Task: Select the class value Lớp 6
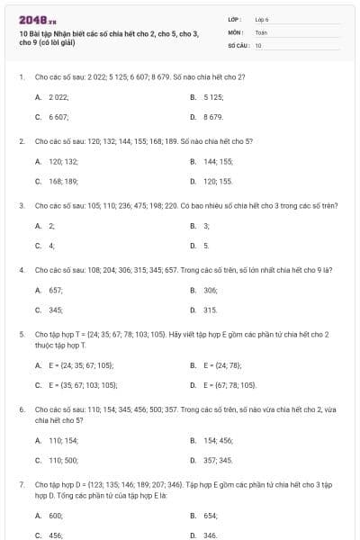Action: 262,18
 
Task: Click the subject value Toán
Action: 261,31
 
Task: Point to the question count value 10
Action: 258,44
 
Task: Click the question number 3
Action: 21,205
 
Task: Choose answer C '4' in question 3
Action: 51,245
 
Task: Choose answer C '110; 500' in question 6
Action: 63,460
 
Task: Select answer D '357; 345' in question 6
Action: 218,460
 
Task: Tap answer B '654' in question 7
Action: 210,516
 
